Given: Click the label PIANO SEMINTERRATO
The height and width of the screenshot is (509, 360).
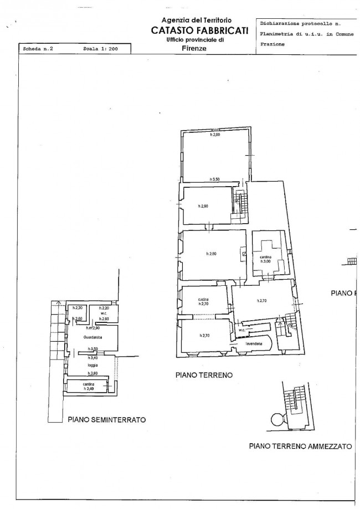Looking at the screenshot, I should (x=106, y=420).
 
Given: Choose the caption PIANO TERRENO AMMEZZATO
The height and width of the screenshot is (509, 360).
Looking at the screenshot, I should (x=300, y=445).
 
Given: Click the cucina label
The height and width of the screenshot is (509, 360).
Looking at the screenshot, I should (x=202, y=300).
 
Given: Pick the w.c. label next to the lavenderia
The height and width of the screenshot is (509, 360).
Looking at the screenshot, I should (x=241, y=331).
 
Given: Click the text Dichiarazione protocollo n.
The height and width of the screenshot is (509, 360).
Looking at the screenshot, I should (x=300, y=24).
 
